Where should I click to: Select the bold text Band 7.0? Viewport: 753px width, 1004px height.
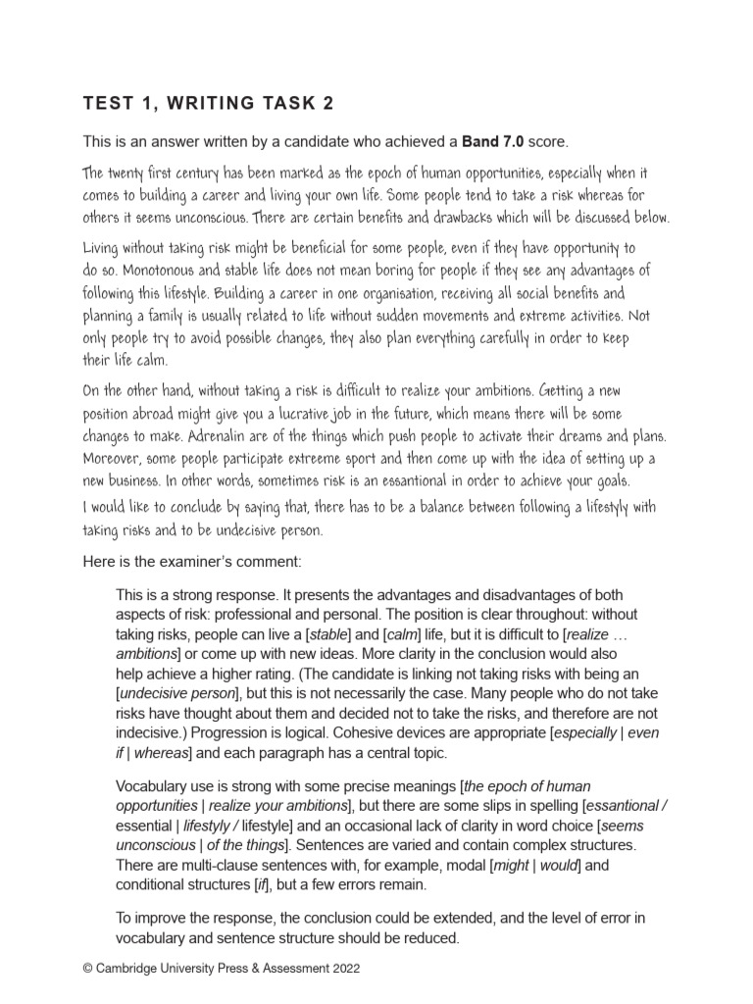(x=495, y=141)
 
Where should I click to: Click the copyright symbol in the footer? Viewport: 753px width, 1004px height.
(x=89, y=968)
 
